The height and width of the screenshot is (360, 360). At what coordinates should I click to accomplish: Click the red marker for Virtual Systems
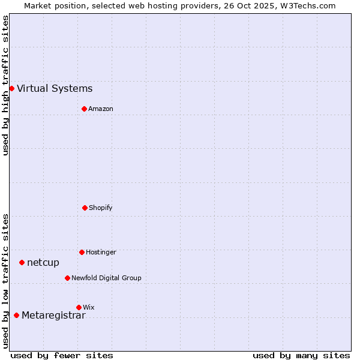(11, 88)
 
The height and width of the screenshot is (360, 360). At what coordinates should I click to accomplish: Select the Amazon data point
(84, 109)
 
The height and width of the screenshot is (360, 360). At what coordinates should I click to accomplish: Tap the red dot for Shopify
(85, 208)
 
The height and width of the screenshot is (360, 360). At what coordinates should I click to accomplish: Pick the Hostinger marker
(82, 252)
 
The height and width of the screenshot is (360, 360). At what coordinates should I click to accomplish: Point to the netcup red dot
(22, 262)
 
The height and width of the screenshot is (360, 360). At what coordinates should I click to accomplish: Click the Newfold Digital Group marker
(67, 278)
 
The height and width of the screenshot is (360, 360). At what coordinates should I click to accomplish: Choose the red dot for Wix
(79, 307)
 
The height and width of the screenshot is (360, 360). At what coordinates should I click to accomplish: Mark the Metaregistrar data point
(16, 315)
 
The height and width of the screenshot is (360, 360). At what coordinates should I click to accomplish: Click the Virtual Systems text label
(55, 89)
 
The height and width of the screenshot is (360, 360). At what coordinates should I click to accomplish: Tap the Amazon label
(101, 109)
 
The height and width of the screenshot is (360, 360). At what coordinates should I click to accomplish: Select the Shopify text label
(101, 208)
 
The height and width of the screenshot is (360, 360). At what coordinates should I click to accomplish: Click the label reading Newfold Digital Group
(106, 278)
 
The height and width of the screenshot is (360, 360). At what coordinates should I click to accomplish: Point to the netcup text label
(43, 263)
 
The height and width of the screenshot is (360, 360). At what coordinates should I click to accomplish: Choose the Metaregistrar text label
(53, 316)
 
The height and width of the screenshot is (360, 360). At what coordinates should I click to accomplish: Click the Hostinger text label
(101, 253)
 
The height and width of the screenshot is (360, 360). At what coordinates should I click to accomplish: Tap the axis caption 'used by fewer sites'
(62, 355)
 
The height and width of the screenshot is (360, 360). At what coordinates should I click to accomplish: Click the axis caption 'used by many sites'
(301, 355)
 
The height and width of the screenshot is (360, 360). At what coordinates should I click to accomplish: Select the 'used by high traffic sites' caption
(5, 85)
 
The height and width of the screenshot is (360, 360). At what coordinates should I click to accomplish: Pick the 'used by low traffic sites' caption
(5, 281)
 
